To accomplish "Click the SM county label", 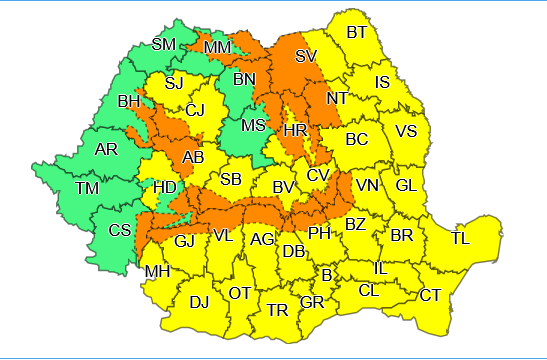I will [163, 44].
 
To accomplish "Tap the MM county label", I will [217, 47].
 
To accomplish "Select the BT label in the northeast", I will [357, 32].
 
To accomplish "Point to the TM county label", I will [87, 189].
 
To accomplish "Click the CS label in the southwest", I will [119, 231].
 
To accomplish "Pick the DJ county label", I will [199, 301].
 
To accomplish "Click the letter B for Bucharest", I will [326, 275].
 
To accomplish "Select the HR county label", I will [295, 131].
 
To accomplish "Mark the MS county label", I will [254, 125].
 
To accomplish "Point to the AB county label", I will [194, 156].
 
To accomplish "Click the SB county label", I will [231, 179].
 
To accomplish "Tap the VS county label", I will [406, 131].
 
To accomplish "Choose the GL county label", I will [406, 185].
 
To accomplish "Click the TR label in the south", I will [278, 310].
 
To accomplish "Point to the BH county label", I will [129, 101].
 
